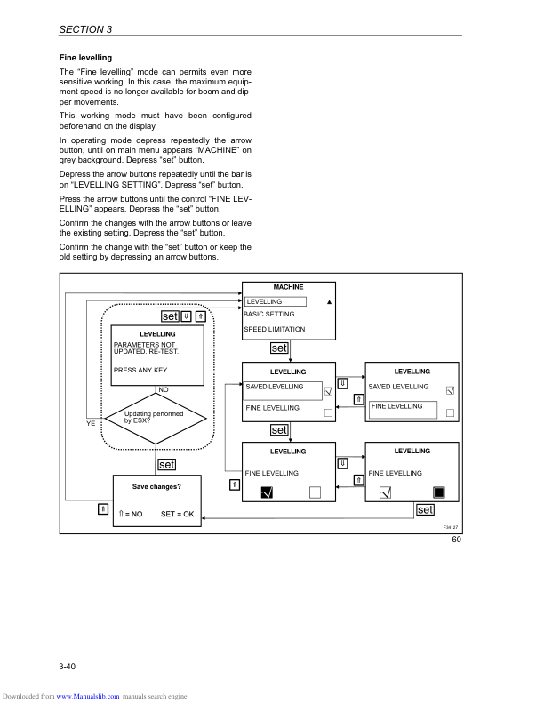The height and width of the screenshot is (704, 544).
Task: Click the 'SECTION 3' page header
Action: [x=85, y=29]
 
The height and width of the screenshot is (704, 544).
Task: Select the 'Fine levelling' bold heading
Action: [x=85, y=58]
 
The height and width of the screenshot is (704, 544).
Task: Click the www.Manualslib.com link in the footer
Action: [x=87, y=696]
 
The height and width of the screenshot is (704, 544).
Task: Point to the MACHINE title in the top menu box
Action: [x=288, y=287]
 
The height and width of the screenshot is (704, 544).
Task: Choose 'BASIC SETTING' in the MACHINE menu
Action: [x=269, y=314]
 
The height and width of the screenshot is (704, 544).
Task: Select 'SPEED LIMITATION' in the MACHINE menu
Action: [x=275, y=330]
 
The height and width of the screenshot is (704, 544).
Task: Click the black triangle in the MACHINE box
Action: [x=329, y=302]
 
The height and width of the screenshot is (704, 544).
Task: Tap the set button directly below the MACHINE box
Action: [x=278, y=348]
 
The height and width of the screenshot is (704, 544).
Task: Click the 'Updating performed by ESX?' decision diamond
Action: [x=156, y=417]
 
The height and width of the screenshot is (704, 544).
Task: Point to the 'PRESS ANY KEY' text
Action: [x=140, y=370]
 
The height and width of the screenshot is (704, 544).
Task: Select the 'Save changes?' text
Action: [x=156, y=487]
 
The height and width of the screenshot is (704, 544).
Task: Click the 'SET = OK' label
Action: [x=177, y=514]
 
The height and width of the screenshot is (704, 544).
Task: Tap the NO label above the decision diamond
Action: [x=164, y=389]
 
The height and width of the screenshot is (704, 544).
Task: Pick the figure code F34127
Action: [x=451, y=527]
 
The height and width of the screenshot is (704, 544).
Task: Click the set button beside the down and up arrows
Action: [x=169, y=316]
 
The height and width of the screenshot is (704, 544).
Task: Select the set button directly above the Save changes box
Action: [x=166, y=464]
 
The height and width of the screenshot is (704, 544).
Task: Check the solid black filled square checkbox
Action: [x=438, y=492]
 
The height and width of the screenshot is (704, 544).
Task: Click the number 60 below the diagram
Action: [x=456, y=540]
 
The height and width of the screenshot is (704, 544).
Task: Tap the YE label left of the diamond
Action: [x=91, y=423]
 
